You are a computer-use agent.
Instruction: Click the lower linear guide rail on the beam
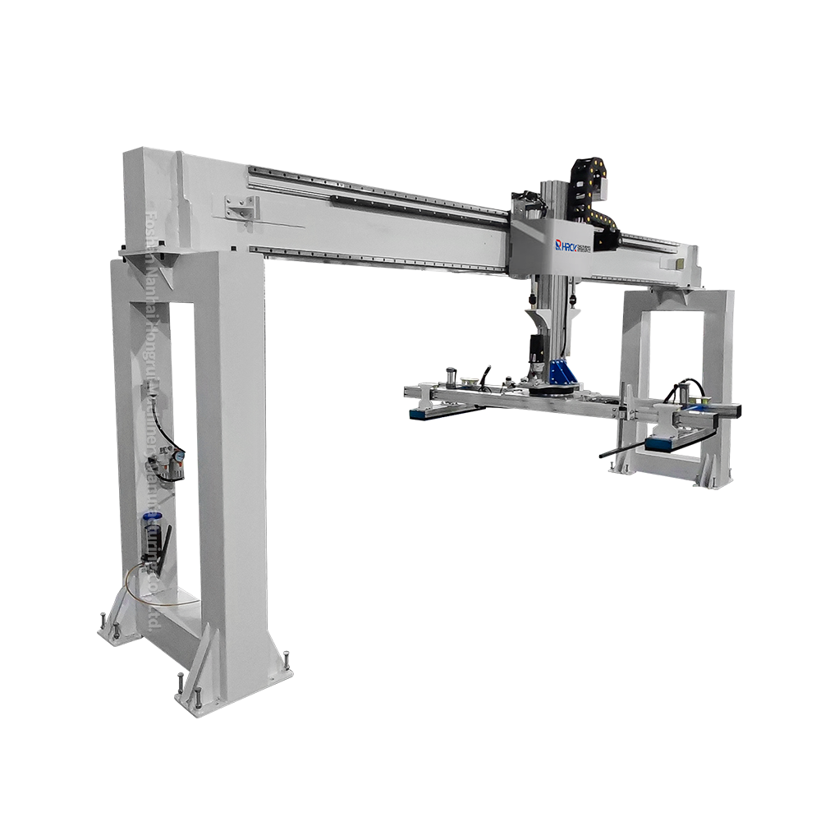369,258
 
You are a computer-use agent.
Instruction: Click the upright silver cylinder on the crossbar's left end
450,378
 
